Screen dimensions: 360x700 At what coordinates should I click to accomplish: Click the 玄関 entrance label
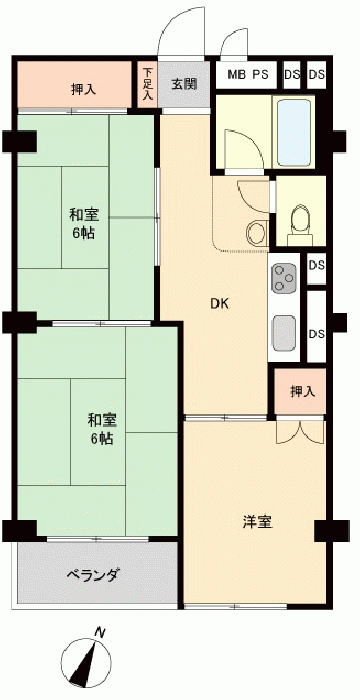tap(184, 84)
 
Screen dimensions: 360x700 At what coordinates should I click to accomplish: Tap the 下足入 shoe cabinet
tap(147, 84)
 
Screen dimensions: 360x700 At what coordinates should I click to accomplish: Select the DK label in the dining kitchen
tap(219, 304)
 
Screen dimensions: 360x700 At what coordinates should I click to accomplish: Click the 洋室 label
tap(258, 522)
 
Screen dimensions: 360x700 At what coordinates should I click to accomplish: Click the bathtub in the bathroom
tap(294, 133)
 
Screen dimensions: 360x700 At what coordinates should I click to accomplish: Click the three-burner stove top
tap(284, 278)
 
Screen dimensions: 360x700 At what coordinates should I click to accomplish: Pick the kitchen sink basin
tap(284, 332)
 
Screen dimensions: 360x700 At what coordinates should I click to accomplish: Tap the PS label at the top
tap(261, 75)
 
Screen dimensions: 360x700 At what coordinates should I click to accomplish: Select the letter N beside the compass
tap(100, 632)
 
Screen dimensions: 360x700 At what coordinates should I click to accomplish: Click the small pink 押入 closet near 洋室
tap(300, 392)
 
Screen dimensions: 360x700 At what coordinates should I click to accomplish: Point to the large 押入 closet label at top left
tap(84, 89)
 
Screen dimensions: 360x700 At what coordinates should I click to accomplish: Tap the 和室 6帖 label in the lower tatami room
tap(102, 429)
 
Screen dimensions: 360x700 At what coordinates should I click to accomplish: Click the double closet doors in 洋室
tap(300, 431)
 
